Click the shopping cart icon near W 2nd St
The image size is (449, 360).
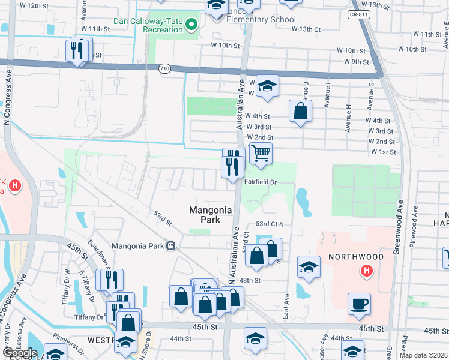tap(261, 153)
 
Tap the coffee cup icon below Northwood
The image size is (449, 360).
tap(359, 303)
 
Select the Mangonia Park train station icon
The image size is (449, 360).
tap(171, 246)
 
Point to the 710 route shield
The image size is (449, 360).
tap(164, 70)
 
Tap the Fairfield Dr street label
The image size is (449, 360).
tap(260, 181)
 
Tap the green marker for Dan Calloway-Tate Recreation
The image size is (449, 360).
tap(191, 24)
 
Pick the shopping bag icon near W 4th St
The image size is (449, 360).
tap(300, 112)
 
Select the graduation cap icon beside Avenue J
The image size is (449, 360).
tap(268, 86)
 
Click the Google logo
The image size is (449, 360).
tap(19, 352)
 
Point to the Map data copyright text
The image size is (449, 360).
tap(423, 355)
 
